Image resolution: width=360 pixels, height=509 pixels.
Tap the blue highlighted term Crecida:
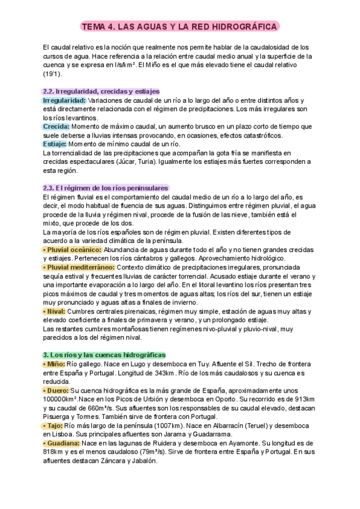click(56, 126)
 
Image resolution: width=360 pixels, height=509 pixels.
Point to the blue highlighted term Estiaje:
click(55, 144)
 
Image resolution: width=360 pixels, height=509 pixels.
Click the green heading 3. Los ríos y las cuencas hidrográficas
click(104, 355)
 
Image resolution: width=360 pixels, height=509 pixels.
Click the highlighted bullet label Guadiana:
click(64, 443)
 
